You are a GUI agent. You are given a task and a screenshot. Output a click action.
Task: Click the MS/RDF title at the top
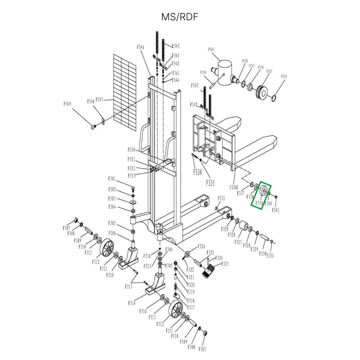pyautogui.click(x=180, y=17)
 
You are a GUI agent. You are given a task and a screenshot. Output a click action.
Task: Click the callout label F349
pyautogui.click(x=67, y=104)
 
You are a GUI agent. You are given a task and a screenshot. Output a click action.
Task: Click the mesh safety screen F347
pyautogui.click(x=124, y=92)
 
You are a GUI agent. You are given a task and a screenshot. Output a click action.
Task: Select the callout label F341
pyautogui.click(x=275, y=210)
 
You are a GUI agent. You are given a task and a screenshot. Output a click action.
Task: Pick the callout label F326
pyautogui.click(x=201, y=246)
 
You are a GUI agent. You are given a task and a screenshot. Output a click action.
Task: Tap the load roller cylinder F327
pyautogui.click(x=246, y=226)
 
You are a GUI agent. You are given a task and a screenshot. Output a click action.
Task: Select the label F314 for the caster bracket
pyautogui.click(x=131, y=303)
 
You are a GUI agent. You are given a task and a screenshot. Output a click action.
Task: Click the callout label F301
pyautogui.click(x=112, y=179)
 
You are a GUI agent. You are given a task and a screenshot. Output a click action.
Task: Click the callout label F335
pyautogui.click(x=210, y=183)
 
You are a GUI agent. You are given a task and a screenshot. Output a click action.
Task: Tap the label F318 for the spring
pyautogui.click(x=191, y=301)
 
